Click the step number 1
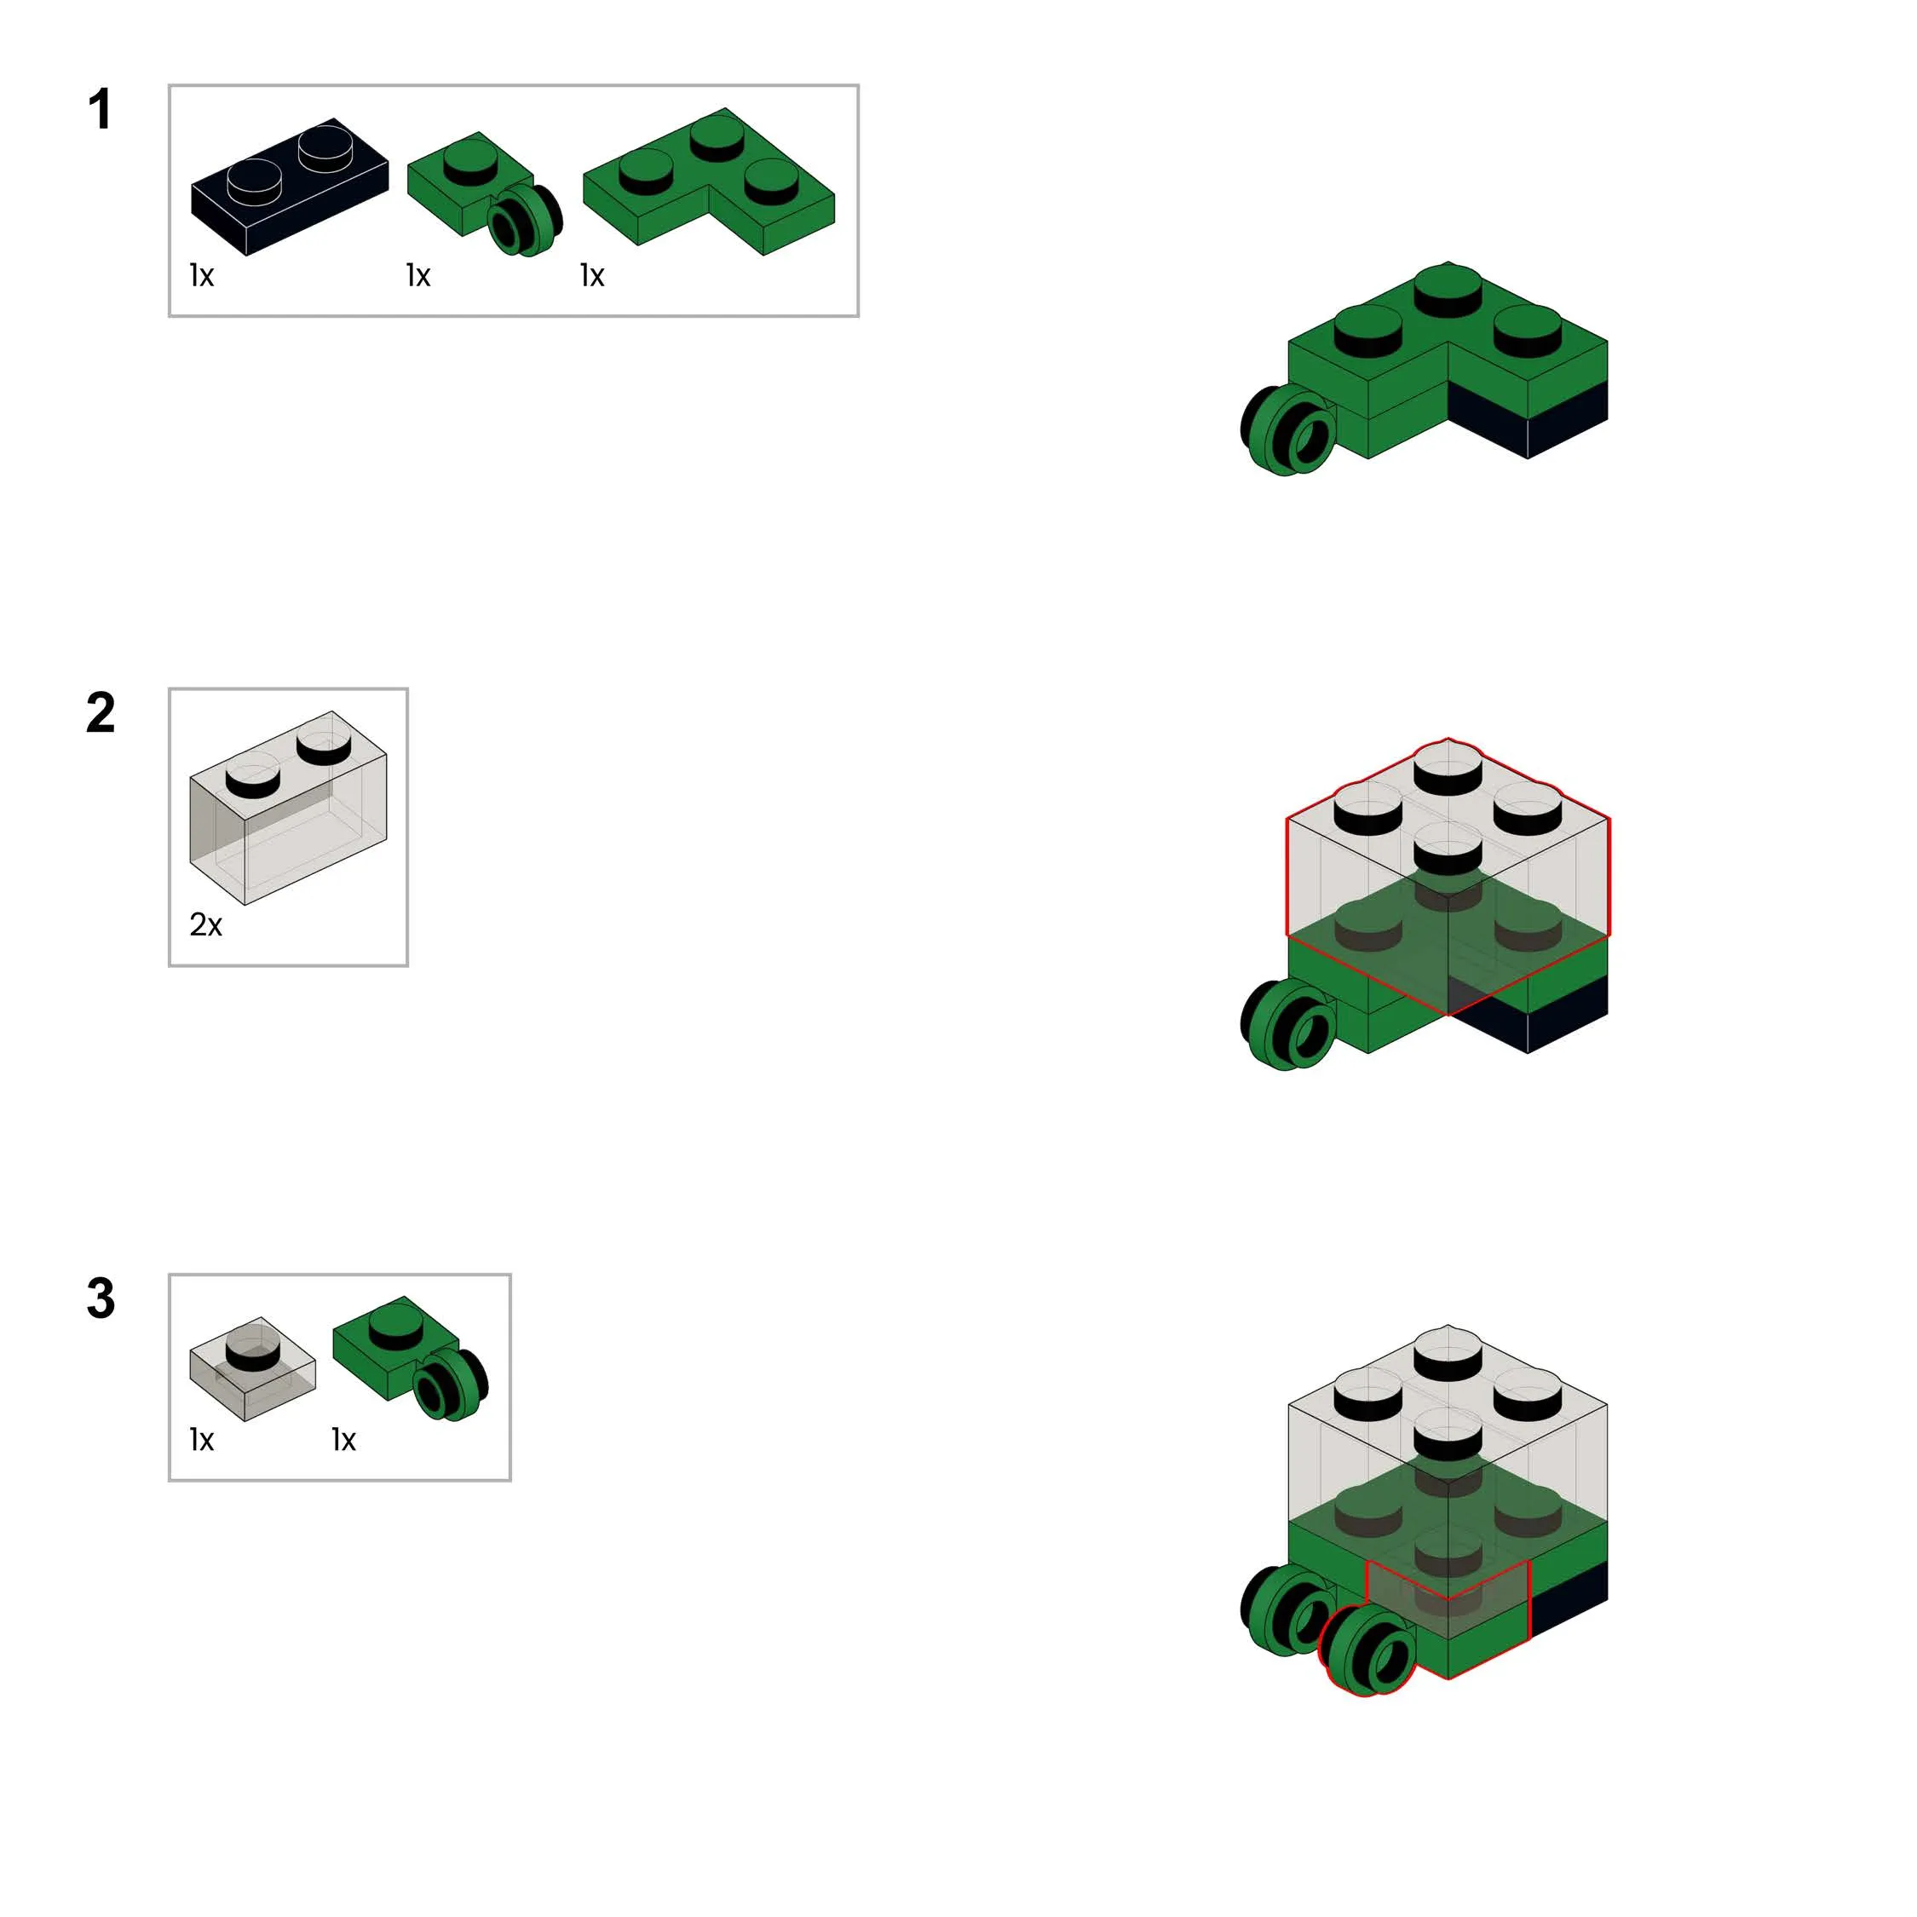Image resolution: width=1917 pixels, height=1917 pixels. pyautogui.click(x=99, y=109)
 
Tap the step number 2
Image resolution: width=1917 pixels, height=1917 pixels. pyautogui.click(x=101, y=712)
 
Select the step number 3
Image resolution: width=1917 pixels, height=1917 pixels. pyautogui.click(x=101, y=1298)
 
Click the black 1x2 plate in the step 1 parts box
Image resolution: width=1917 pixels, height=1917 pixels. pyautogui.click(x=289, y=187)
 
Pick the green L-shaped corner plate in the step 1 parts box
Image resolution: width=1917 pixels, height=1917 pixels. pyautogui.click(x=709, y=181)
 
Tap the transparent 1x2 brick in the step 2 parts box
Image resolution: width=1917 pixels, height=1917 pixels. pyautogui.click(x=288, y=807)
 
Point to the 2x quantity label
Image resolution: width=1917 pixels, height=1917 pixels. pyautogui.click(x=205, y=924)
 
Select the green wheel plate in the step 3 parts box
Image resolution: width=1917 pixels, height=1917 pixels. pyautogui.click(x=411, y=1357)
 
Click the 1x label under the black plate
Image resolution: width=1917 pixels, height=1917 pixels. pyautogui.click(x=201, y=275)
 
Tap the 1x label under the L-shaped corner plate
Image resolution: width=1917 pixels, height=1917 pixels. pyautogui.click(x=592, y=275)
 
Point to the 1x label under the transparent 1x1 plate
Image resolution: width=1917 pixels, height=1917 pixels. pyautogui.click(x=201, y=1440)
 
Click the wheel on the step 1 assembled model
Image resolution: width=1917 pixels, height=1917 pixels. pyautogui.click(x=1288, y=430)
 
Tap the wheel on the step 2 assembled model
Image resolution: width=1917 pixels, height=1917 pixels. pyautogui.click(x=1288, y=1024)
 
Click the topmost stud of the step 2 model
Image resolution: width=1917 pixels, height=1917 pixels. pyautogui.click(x=1448, y=766)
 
